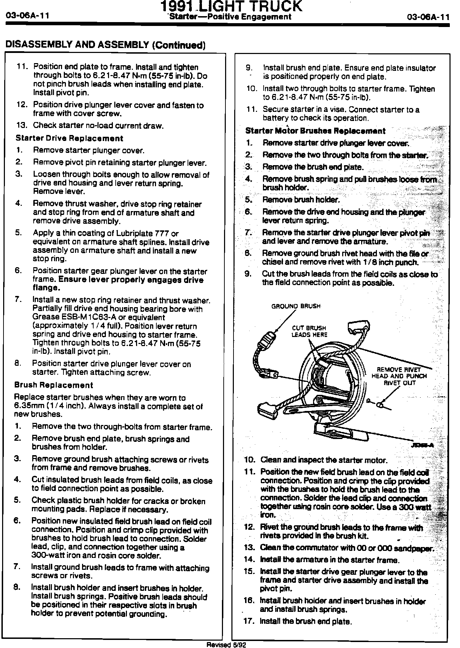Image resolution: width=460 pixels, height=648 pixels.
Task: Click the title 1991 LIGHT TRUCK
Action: click(x=231, y=7)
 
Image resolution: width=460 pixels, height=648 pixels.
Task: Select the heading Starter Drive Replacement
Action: click(x=69, y=138)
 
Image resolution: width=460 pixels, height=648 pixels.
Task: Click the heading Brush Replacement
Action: click(x=53, y=385)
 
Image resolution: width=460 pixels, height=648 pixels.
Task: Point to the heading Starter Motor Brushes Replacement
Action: click(x=315, y=131)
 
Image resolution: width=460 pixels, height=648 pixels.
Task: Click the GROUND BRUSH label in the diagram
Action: click(x=296, y=306)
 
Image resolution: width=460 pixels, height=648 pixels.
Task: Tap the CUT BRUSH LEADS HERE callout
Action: click(x=309, y=331)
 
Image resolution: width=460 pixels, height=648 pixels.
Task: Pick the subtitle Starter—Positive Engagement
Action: click(x=230, y=16)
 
